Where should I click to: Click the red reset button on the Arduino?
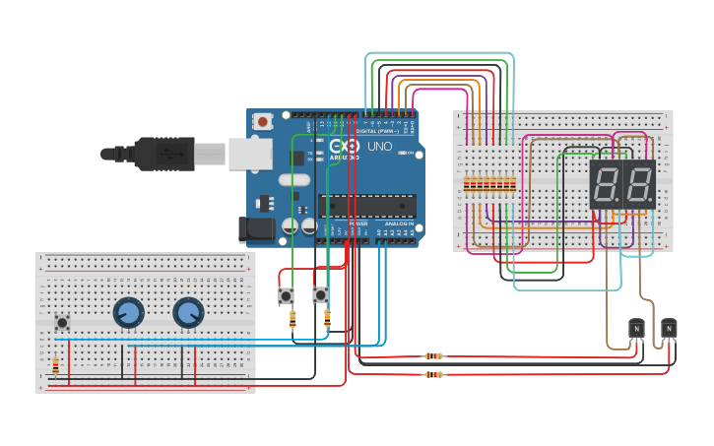(x=263, y=121)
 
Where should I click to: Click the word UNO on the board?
(x=379, y=147)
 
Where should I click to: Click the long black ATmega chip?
(x=366, y=205)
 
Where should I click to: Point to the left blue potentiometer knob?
(x=127, y=313)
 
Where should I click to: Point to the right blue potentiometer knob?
(x=187, y=313)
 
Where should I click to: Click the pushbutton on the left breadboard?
(x=62, y=322)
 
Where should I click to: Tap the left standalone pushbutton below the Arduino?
(x=287, y=295)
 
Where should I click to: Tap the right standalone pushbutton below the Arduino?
(x=320, y=294)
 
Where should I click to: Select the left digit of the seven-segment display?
(x=606, y=184)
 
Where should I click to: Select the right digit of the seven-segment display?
(x=638, y=184)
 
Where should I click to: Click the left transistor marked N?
(x=636, y=329)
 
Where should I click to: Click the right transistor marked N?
(x=669, y=328)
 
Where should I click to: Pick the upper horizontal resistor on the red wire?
(x=433, y=355)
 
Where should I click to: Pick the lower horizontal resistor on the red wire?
(x=433, y=374)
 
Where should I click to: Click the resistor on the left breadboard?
(x=55, y=367)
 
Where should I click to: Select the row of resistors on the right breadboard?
(x=489, y=184)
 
